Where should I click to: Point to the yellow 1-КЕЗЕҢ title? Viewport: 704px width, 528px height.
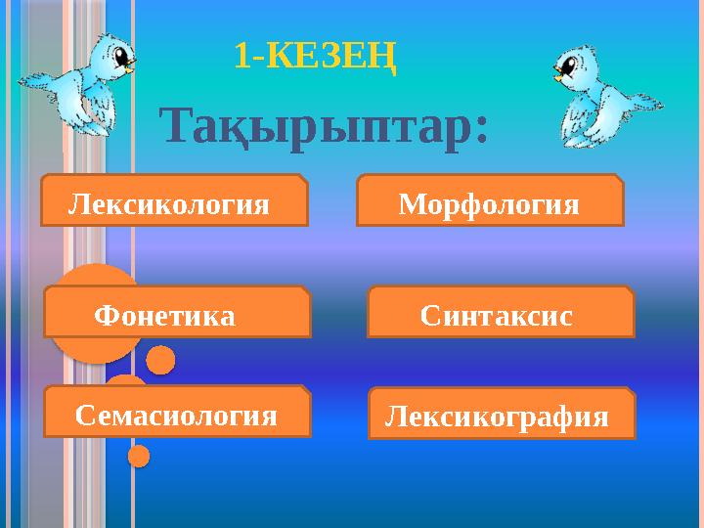(x=315, y=57)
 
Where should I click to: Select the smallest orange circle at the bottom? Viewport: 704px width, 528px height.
(x=139, y=456)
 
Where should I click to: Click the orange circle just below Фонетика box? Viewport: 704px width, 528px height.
(x=160, y=361)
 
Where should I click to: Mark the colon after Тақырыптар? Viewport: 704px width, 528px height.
(x=480, y=137)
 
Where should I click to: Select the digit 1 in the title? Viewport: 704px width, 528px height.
(x=242, y=58)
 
